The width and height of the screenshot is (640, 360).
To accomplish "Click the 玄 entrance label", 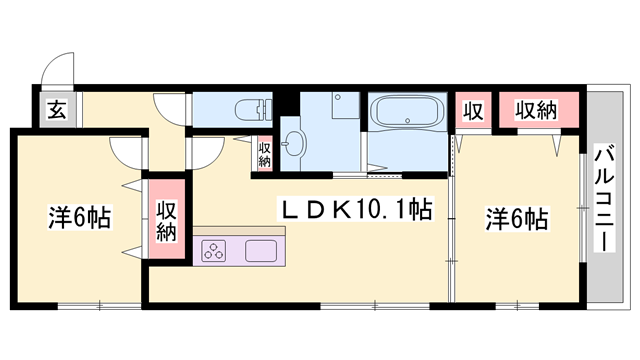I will (x=56, y=111).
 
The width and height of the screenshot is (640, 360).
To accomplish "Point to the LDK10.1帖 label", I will (x=355, y=211).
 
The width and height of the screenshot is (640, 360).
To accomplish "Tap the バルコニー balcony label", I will (x=605, y=200).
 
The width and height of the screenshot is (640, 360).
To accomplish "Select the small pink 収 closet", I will (x=473, y=111).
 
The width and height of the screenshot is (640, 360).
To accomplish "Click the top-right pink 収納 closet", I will (x=535, y=111).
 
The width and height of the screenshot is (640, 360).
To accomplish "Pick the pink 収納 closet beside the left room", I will (x=166, y=221).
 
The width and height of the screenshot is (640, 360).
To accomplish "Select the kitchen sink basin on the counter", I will (x=263, y=250).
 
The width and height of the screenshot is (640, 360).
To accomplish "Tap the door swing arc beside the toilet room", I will (x=170, y=108).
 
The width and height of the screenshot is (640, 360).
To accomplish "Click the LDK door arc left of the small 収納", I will (x=206, y=153).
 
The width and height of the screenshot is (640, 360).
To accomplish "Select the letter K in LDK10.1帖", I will (x=340, y=211).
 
